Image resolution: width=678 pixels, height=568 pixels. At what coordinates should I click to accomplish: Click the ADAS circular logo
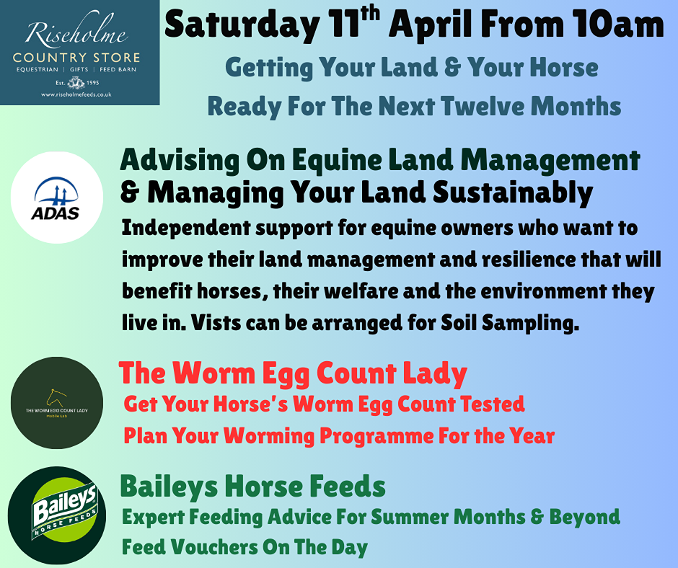(x=57, y=198)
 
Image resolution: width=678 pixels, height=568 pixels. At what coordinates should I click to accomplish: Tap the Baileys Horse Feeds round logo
(x=57, y=515)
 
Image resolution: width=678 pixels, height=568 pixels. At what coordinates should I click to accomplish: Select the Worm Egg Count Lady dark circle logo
(x=57, y=403)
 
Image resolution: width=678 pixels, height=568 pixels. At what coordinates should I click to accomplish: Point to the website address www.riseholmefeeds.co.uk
(x=76, y=94)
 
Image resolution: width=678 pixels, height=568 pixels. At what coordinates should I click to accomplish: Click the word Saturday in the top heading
(x=242, y=25)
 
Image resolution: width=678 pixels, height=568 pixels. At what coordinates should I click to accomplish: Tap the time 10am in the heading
(x=618, y=25)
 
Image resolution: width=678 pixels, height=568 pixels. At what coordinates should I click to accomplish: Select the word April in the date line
(x=431, y=25)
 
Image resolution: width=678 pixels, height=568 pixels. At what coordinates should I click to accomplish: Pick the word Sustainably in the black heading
(x=513, y=192)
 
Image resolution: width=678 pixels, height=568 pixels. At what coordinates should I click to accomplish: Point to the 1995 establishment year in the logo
(x=92, y=83)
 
